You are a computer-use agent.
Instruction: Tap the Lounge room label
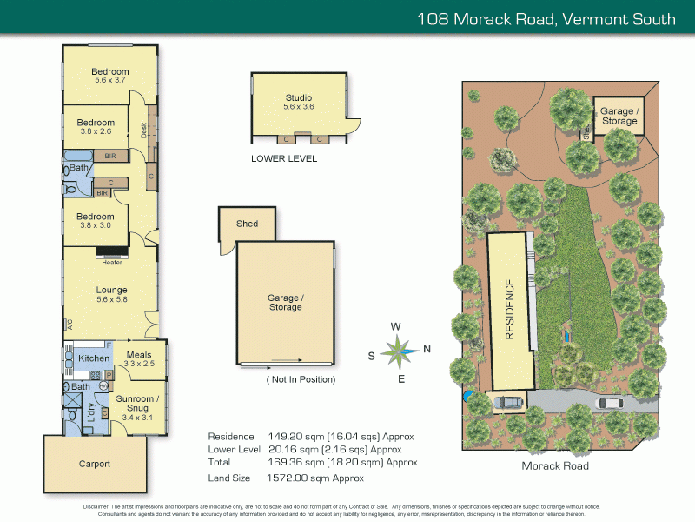click(x=111, y=290)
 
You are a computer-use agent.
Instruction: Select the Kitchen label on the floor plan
click(x=94, y=358)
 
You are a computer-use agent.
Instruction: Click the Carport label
click(x=94, y=464)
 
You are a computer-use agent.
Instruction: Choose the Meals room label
click(x=139, y=355)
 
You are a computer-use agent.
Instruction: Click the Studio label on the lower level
click(x=298, y=97)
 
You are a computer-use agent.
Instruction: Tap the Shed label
click(x=247, y=224)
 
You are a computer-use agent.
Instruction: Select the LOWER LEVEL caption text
click(x=284, y=159)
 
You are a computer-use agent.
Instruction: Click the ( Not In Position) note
click(x=301, y=379)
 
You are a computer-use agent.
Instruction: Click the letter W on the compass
click(x=395, y=326)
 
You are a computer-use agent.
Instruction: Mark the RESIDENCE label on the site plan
click(x=510, y=309)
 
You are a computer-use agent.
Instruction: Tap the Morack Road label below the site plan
click(x=554, y=466)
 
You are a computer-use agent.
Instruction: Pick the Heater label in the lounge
click(x=111, y=262)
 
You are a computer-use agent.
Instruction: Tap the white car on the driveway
click(x=612, y=403)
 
